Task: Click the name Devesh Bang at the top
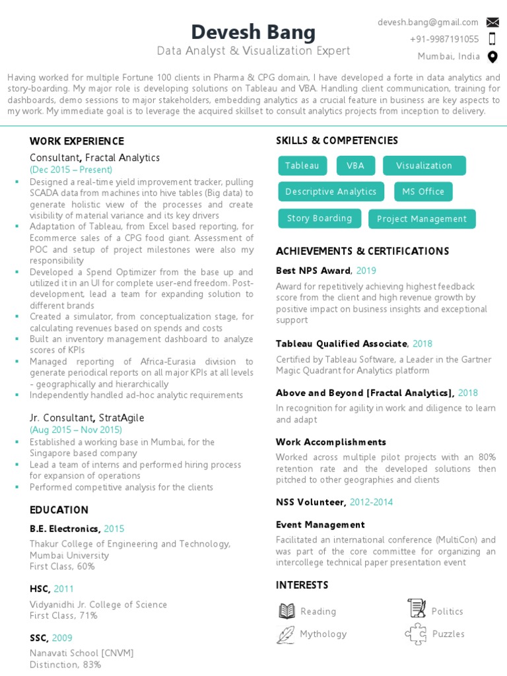click(253, 32)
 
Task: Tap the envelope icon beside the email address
click(492, 22)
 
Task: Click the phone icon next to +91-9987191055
click(492, 39)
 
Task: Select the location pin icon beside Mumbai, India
click(492, 57)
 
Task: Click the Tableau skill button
click(302, 166)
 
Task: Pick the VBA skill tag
click(356, 166)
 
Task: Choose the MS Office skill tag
click(423, 191)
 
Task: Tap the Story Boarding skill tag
click(320, 219)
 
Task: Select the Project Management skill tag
click(422, 219)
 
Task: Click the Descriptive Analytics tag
click(331, 191)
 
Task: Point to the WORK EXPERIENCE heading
click(77, 141)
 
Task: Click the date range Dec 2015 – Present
click(71, 170)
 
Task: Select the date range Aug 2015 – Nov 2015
click(76, 430)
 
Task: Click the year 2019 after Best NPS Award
click(366, 271)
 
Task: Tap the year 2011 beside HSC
click(64, 589)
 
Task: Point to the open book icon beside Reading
click(287, 611)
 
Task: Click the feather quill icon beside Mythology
click(286, 634)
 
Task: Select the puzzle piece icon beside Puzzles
click(416, 634)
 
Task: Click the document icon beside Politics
click(417, 608)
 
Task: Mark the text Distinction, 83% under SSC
click(65, 665)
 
